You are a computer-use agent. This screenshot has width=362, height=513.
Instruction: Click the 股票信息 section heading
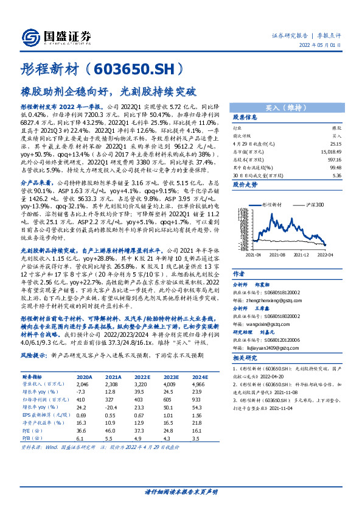click(245, 118)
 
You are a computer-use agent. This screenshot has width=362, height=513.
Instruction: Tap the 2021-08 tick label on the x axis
click(277, 255)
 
